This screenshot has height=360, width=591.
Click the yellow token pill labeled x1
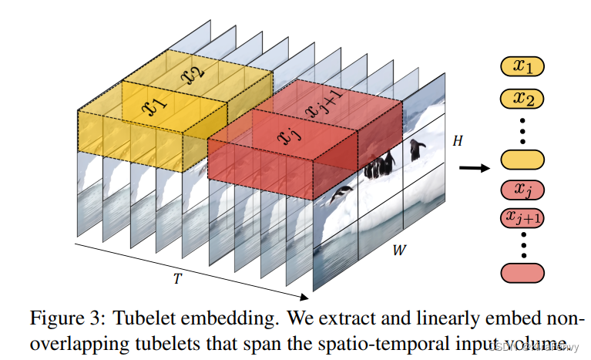tap(523, 67)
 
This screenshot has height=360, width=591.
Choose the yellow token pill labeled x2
tap(523, 98)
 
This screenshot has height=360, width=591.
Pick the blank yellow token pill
tap(523, 160)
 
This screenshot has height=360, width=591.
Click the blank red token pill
tap(523, 272)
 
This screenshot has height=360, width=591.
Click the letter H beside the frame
tap(458, 142)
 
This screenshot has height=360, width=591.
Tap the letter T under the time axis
tap(178, 278)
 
